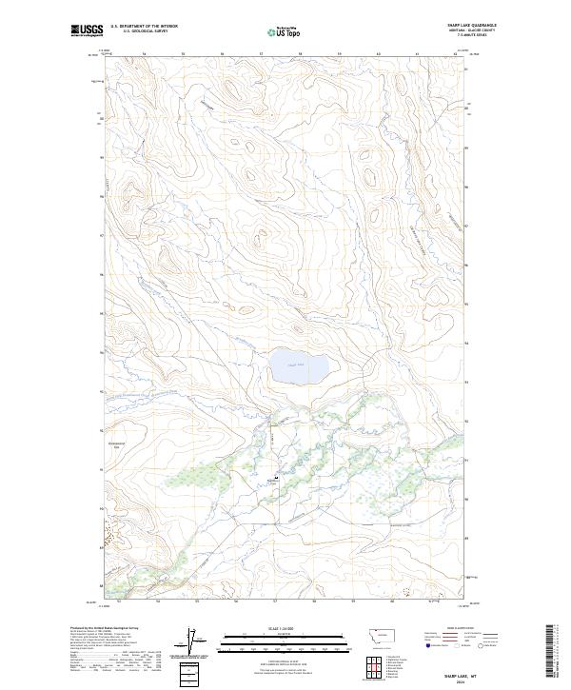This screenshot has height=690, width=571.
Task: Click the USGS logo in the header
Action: click(87, 31)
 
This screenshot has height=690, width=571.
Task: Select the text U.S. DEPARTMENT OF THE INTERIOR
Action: click(144, 27)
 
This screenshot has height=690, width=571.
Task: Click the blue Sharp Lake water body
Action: click(299, 365)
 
